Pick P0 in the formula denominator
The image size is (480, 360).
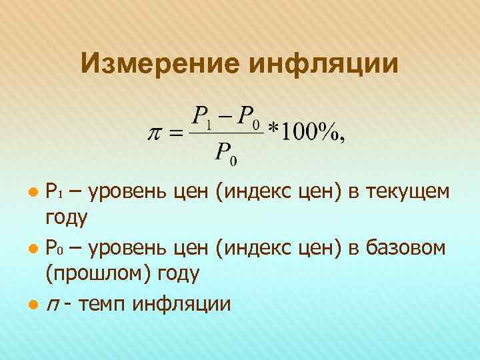[226, 153]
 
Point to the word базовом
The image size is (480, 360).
[409, 249]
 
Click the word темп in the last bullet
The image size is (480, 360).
[103, 305]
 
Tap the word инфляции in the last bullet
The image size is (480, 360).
[182, 305]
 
